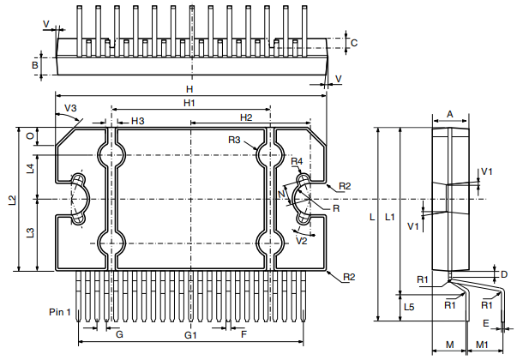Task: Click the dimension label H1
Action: tap(190, 103)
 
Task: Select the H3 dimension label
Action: tap(137, 120)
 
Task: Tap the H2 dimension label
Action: tap(246, 117)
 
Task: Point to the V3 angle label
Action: tap(71, 108)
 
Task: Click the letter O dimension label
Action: tap(30, 136)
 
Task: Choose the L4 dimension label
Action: tap(30, 168)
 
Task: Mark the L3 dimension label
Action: tap(30, 232)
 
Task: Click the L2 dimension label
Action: tap(12, 201)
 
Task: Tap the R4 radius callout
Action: tap(298, 161)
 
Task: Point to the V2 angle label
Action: tap(301, 241)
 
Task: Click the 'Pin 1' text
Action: tap(63, 311)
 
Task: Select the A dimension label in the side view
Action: tap(450, 113)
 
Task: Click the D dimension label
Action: tap(504, 274)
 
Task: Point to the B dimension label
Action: tap(35, 64)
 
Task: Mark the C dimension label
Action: tap(353, 42)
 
